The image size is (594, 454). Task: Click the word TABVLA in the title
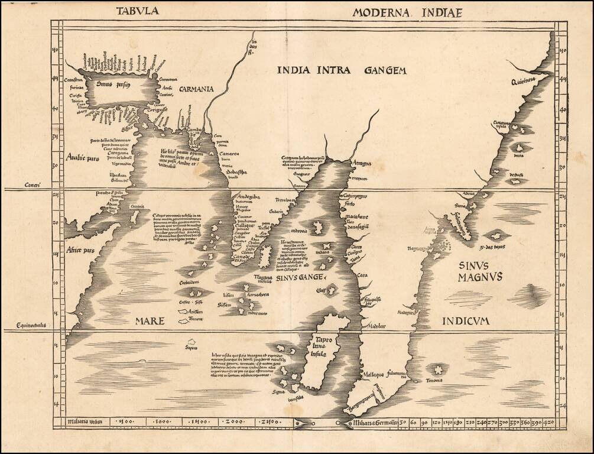[137, 10]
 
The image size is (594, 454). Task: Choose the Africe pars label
[81, 250]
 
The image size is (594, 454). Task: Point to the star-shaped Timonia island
[438, 369]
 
